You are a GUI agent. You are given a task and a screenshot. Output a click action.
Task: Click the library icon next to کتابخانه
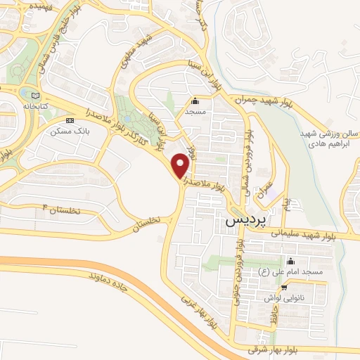tap(34, 93)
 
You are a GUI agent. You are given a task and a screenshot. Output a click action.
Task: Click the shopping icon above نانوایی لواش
tap(283, 287)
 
